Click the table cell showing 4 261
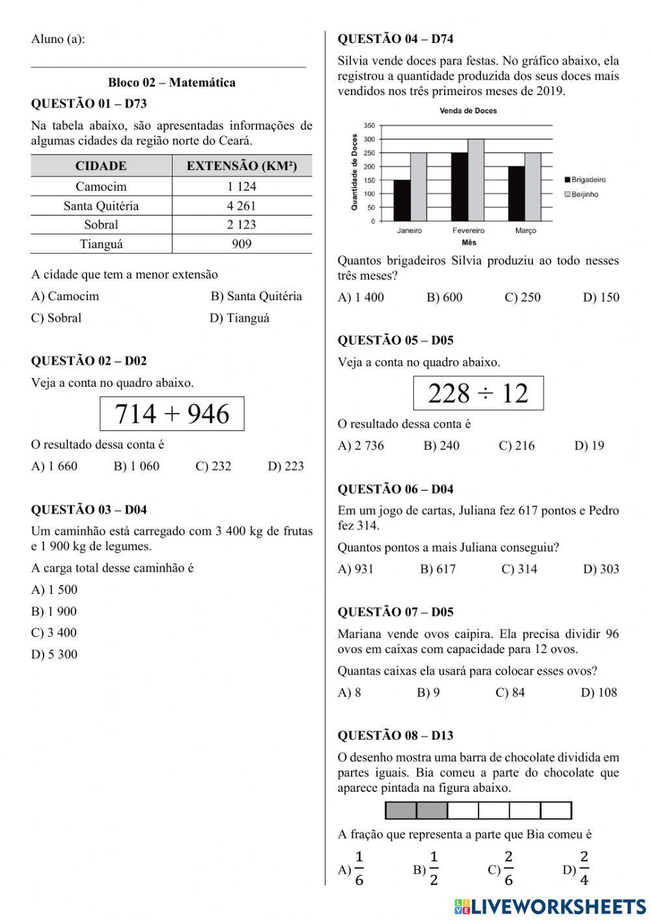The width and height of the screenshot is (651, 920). [242, 206]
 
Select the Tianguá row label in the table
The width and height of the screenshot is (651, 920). [101, 244]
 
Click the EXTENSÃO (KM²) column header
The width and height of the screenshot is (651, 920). [242, 166]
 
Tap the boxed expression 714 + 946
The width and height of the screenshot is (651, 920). [172, 414]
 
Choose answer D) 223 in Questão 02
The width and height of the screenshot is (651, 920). [286, 466]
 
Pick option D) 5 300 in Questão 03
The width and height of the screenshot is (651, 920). [54, 654]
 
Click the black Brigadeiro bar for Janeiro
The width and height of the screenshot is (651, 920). [402, 201]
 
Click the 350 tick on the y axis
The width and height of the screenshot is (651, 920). [369, 126]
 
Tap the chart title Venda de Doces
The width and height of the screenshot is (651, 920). [468, 111]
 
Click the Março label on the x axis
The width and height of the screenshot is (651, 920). [525, 230]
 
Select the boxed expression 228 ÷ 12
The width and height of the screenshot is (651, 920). [478, 393]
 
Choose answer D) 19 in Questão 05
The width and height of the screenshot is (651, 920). [589, 446]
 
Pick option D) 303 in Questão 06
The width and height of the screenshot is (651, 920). [601, 569]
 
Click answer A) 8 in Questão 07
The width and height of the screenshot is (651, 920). [349, 693]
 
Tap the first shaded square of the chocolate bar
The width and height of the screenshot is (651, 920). [401, 811]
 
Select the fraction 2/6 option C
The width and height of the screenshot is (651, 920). [501, 869]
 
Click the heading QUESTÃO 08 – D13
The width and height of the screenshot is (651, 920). [395, 736]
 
